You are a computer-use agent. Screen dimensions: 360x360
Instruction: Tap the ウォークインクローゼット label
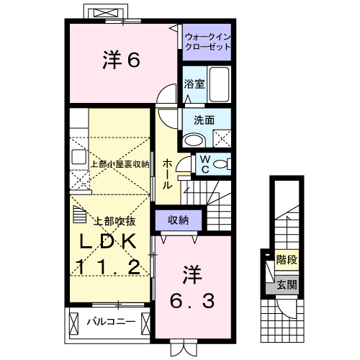tap(207, 41)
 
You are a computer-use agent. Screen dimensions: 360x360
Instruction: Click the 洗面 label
tap(203, 120)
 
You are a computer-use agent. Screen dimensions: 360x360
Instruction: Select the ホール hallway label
tap(167, 174)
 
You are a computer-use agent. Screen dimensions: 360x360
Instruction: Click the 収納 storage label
tap(179, 220)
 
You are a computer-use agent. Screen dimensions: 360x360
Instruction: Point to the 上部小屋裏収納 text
tap(120, 164)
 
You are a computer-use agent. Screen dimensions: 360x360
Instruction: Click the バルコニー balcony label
tap(111, 320)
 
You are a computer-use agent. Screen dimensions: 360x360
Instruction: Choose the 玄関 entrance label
tap(287, 286)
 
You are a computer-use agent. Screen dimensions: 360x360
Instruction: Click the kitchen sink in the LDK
tap(78, 157)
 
